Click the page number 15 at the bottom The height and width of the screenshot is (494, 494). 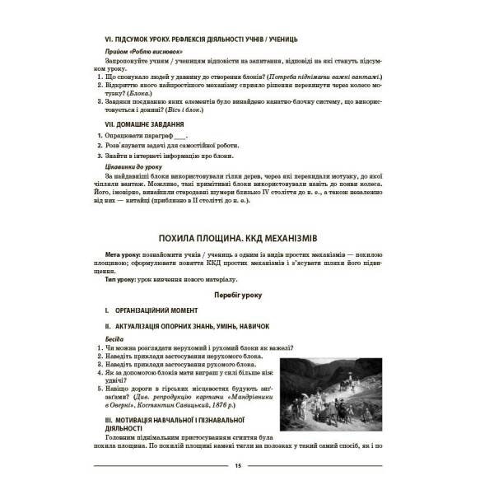click(x=237, y=467)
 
